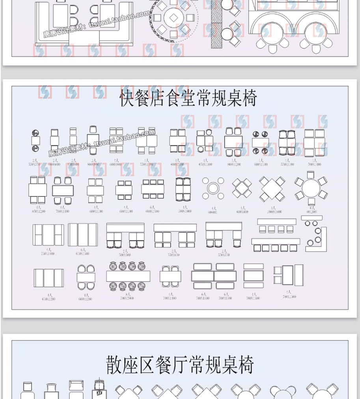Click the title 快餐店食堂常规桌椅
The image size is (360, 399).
(x=188, y=98)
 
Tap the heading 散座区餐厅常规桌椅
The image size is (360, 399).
(x=179, y=365)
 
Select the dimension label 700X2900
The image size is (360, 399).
(x=127, y=298)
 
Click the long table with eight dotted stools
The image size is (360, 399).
(x=128, y=276)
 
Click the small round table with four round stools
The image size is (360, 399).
(x=213, y=188)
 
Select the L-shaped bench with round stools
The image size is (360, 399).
(x=316, y=236)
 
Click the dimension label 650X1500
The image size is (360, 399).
(x=82, y=254)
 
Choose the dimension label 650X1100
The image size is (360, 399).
(x=205, y=164)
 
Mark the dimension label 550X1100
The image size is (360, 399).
(x=287, y=164)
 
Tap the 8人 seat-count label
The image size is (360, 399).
(x=127, y=295)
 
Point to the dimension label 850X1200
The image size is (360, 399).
(x=37, y=211)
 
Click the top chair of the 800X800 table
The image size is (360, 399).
(x=93, y=129)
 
